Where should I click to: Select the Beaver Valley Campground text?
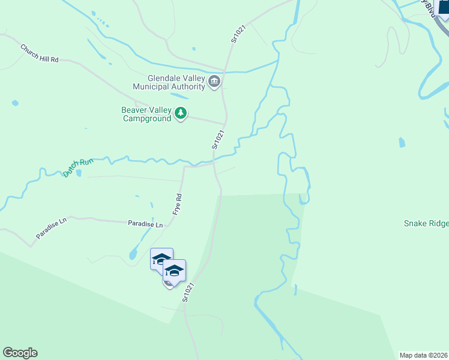click(x=146, y=114)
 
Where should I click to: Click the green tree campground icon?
click(x=180, y=113)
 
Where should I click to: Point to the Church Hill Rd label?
click(x=40, y=53)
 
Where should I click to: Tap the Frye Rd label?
click(x=177, y=205)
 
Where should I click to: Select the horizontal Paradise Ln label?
click(x=145, y=224)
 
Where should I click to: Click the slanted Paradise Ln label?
click(x=51, y=229)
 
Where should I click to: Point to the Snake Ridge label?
click(x=426, y=223)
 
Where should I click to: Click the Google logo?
click(x=20, y=353)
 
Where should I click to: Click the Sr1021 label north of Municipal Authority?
click(x=239, y=34)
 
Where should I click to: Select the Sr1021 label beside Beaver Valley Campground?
click(x=217, y=140)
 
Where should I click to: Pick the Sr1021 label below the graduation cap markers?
click(x=189, y=292)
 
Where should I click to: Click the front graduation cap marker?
click(x=174, y=271)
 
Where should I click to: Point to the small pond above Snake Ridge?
click(x=402, y=142)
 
